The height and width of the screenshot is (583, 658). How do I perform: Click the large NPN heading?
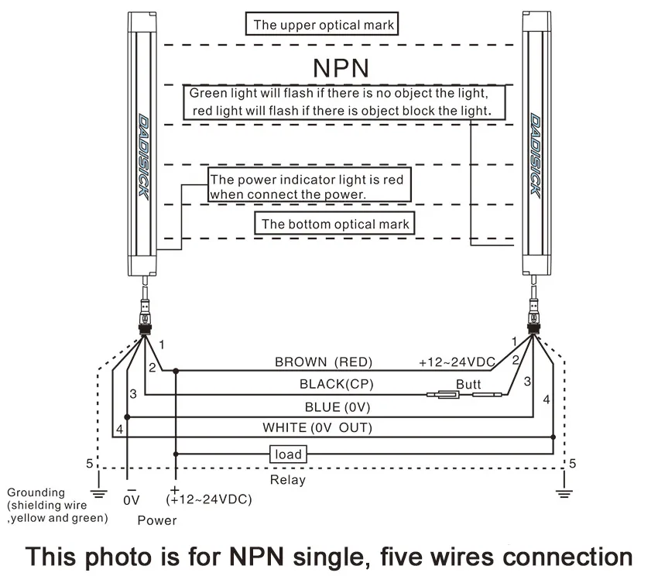coord(341,68)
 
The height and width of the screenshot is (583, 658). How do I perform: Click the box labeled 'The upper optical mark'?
coord(322,24)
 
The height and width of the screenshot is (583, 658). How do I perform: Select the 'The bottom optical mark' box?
coord(335,223)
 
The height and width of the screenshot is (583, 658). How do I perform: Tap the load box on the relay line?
coord(288,454)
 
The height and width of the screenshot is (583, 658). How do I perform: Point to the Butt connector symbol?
coord(464,395)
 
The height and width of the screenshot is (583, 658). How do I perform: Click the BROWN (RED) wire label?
coord(324,362)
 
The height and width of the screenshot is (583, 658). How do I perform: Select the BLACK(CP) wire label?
coord(337,384)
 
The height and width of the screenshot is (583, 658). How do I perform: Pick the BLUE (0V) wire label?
coord(338,407)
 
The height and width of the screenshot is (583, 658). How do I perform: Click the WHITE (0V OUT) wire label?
coord(317,427)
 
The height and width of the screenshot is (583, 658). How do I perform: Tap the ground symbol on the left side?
coord(98,493)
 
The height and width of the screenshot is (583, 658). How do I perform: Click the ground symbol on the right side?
coord(564,493)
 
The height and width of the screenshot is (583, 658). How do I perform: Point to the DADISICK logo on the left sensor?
coord(143,157)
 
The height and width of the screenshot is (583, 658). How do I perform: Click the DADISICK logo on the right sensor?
coord(535,154)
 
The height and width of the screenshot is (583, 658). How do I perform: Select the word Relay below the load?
coord(288,480)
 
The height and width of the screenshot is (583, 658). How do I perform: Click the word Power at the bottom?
coord(157,520)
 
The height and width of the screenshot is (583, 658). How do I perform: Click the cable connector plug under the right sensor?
coord(533,317)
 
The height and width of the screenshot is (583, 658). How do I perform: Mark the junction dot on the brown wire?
coord(176,371)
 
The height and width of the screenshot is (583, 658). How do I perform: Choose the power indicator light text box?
coord(310,185)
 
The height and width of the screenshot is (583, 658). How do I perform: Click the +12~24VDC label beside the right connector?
coord(457,362)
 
